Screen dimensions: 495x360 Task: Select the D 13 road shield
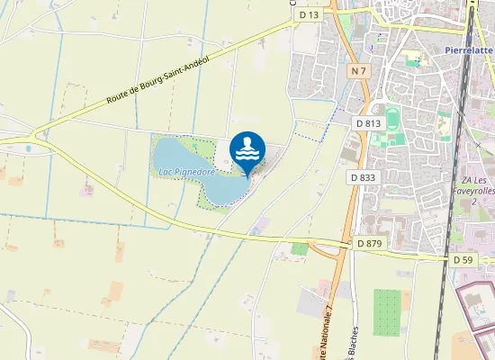coord(310,14)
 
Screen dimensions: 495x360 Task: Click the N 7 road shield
coord(359,70)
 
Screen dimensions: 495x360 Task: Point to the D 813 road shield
coord(368,122)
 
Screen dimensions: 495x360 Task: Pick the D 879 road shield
coord(370,243)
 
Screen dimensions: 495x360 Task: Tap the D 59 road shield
coord(463,259)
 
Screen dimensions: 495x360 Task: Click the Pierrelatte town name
coord(470,50)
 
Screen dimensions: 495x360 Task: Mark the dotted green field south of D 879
coord(386,311)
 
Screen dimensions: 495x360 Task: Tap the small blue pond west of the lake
coord(28,148)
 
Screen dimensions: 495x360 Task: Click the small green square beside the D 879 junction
coord(300,248)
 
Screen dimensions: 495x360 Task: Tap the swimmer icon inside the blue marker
coord(247,148)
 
